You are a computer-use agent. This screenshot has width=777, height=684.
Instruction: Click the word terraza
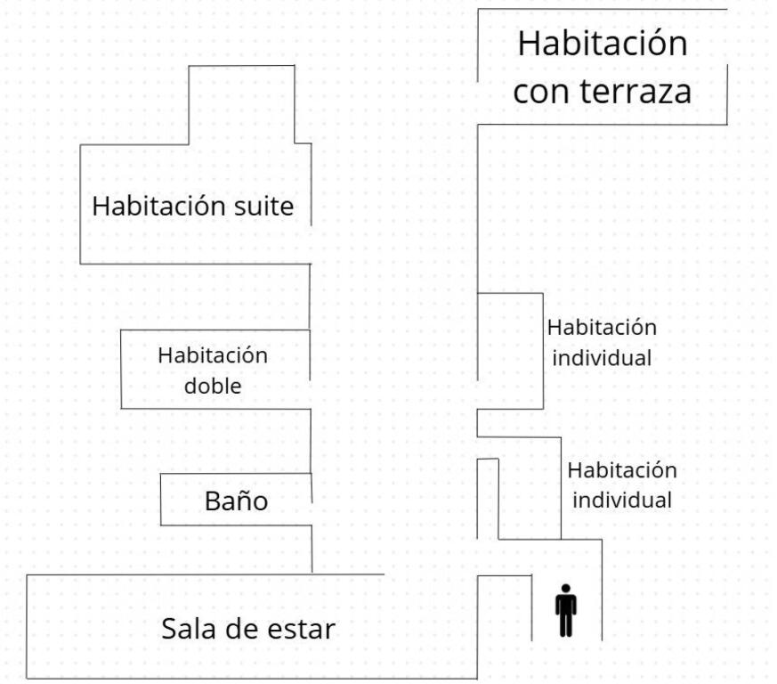[635, 91]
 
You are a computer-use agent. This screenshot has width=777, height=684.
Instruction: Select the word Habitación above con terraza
[603, 44]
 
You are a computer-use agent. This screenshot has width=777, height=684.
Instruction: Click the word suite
[263, 206]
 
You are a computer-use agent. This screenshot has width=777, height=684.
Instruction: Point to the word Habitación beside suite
[159, 206]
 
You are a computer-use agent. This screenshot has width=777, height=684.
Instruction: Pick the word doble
[213, 386]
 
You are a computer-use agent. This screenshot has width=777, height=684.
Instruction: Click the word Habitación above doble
[213, 355]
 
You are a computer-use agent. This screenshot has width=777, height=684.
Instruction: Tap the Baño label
[237, 501]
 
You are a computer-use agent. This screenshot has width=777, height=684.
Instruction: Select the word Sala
[190, 629]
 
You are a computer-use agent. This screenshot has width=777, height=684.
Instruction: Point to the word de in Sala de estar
[239, 629]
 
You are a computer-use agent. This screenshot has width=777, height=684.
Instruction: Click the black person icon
[566, 611]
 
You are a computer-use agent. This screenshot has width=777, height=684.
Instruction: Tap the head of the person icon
[566, 589]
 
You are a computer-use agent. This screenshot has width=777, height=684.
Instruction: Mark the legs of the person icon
[566, 626]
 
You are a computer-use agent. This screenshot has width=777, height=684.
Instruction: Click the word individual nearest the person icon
[622, 500]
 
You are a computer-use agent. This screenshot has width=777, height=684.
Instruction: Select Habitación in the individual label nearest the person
[622, 470]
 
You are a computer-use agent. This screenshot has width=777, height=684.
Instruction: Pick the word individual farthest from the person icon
[602, 358]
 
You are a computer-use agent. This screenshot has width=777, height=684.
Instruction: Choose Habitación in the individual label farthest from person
[602, 328]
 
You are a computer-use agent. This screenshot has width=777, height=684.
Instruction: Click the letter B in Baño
[213, 501]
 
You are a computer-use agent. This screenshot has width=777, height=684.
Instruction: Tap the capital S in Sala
[169, 629]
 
